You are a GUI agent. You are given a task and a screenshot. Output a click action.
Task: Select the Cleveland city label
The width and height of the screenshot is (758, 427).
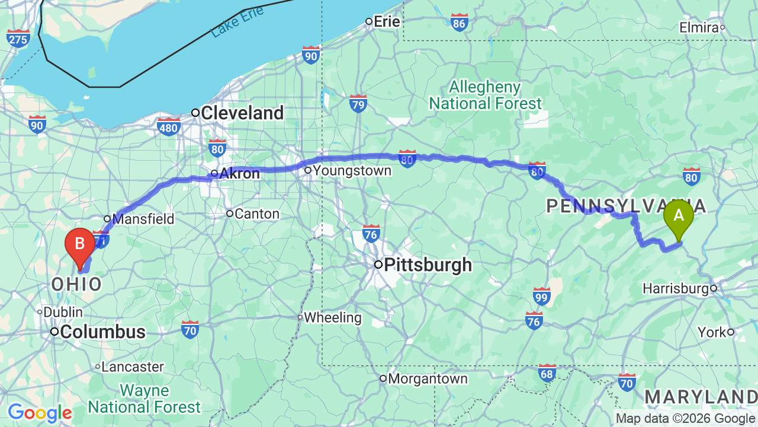[x=242, y=113]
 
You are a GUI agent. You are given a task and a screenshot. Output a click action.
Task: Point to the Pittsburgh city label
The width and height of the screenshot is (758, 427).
[x=428, y=265]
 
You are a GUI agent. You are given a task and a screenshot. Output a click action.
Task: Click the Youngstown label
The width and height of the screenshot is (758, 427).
[x=352, y=171]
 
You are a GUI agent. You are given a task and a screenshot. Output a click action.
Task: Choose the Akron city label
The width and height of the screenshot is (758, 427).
[x=239, y=174]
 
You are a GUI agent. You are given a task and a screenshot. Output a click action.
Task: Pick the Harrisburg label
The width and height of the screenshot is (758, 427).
[x=676, y=289]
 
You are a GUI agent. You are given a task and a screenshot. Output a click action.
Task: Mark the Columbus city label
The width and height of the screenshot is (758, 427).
[x=102, y=332]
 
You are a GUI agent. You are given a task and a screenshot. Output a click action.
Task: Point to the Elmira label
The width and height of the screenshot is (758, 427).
[x=699, y=28]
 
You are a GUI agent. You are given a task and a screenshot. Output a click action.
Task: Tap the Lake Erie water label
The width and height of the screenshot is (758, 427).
[x=237, y=24]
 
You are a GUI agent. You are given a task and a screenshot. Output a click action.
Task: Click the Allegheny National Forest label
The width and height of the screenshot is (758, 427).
[x=485, y=95]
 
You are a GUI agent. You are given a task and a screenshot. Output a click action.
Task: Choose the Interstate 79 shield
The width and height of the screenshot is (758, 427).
[x=358, y=104]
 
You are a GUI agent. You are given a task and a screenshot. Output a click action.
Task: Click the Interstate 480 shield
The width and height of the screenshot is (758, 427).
[x=169, y=126]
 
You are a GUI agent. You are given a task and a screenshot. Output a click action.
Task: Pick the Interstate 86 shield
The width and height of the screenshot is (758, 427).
[x=459, y=23]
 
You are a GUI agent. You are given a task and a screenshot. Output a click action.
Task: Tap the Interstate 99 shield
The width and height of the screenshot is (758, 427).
[x=541, y=295]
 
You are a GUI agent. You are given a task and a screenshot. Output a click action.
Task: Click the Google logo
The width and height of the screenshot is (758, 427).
[x=40, y=413]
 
